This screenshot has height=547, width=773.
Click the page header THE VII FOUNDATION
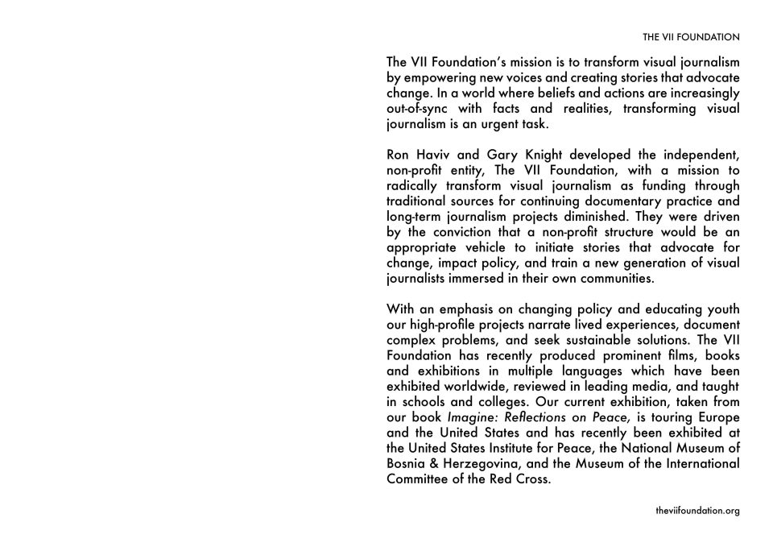coord(691,37)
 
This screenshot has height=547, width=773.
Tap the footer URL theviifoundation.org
coord(697,511)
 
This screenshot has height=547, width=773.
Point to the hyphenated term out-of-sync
coord(420,109)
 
